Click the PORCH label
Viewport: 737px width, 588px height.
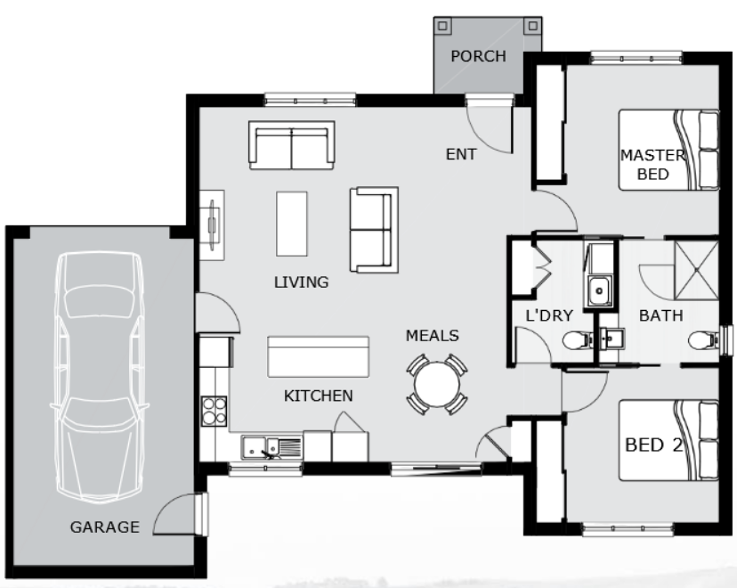pos(479,56)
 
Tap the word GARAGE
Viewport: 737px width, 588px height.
pos(105,527)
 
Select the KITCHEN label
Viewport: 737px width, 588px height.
pos(318,396)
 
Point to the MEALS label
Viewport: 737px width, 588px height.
pos(433,335)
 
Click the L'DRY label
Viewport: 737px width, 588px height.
pos(549,315)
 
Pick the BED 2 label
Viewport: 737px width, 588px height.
pos(654,445)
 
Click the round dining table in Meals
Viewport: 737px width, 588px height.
pos(437,385)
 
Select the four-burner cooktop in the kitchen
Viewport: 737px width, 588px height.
pos(214,411)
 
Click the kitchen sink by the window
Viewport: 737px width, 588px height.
pos(271,447)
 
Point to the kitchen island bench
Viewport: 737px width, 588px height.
pos(318,356)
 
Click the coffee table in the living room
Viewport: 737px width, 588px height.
pos(292,224)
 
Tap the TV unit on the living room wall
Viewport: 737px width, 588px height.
pos(212,225)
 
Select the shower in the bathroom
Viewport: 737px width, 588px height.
pos(697,271)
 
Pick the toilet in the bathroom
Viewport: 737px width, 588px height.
pos(704,340)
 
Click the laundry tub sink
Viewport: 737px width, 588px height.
pos(599,290)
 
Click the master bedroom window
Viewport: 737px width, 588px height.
pos(636,59)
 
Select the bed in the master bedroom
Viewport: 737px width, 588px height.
pos(668,150)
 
